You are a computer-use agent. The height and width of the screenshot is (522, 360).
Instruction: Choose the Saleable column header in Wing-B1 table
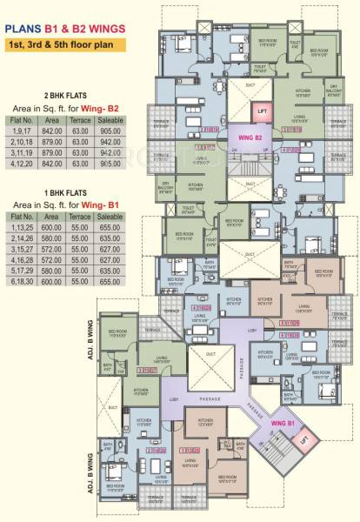tap(110, 213)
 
